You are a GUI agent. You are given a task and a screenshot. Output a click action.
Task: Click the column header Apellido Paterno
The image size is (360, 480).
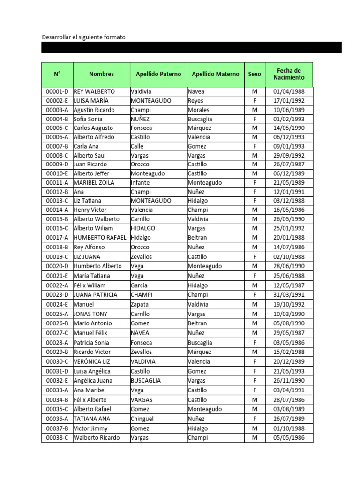(158, 74)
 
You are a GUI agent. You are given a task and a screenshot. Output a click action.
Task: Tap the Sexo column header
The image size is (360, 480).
(255, 74)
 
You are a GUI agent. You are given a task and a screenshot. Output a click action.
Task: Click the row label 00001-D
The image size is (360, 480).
(57, 92)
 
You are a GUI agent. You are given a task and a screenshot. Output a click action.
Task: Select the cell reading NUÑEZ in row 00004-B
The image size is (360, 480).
(140, 119)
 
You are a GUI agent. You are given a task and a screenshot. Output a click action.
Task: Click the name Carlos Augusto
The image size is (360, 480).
(94, 128)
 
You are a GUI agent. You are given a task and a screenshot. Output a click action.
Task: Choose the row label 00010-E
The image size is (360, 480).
(57, 173)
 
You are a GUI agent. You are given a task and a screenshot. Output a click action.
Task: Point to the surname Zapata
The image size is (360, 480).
(140, 304)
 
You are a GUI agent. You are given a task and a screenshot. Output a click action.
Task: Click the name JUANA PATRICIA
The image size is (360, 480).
(96, 295)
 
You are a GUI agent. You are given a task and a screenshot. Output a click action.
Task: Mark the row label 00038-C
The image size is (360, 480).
(57, 438)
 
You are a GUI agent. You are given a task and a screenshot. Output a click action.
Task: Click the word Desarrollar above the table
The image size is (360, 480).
(57, 37)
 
